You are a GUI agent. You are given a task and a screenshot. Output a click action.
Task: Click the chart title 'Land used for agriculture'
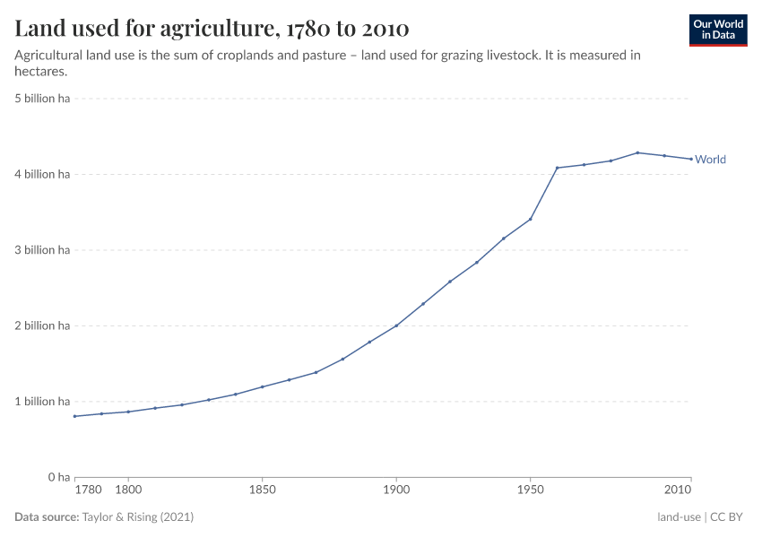[x=212, y=29]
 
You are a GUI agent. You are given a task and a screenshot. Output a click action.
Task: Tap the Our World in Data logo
[x=717, y=30]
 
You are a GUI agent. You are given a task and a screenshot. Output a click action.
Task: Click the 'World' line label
[x=710, y=160]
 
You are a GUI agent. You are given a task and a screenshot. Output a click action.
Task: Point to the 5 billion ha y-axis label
[x=42, y=99]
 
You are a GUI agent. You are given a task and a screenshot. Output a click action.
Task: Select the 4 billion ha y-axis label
[x=42, y=174]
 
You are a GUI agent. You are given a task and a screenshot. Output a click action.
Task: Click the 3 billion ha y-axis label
[x=42, y=250]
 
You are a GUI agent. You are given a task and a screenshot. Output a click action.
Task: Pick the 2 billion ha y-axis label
[x=42, y=325]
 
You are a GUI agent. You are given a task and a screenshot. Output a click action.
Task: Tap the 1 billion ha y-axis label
[x=42, y=402]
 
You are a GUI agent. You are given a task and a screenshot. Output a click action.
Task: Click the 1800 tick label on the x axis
[x=128, y=490]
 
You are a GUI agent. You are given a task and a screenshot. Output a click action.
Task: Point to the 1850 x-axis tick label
[x=262, y=490]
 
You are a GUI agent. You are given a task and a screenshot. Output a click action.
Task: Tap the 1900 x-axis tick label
[x=396, y=490]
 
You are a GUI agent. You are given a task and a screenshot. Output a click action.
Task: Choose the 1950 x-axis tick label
[x=531, y=490]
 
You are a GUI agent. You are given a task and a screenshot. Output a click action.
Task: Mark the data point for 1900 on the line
[x=396, y=325]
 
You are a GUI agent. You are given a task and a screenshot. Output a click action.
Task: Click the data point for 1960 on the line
[x=557, y=168]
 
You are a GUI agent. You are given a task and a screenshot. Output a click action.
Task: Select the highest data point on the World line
[x=637, y=152]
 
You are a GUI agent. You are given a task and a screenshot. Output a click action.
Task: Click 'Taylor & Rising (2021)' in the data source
[x=137, y=517]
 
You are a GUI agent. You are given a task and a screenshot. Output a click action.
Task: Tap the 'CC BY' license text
[x=730, y=517]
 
